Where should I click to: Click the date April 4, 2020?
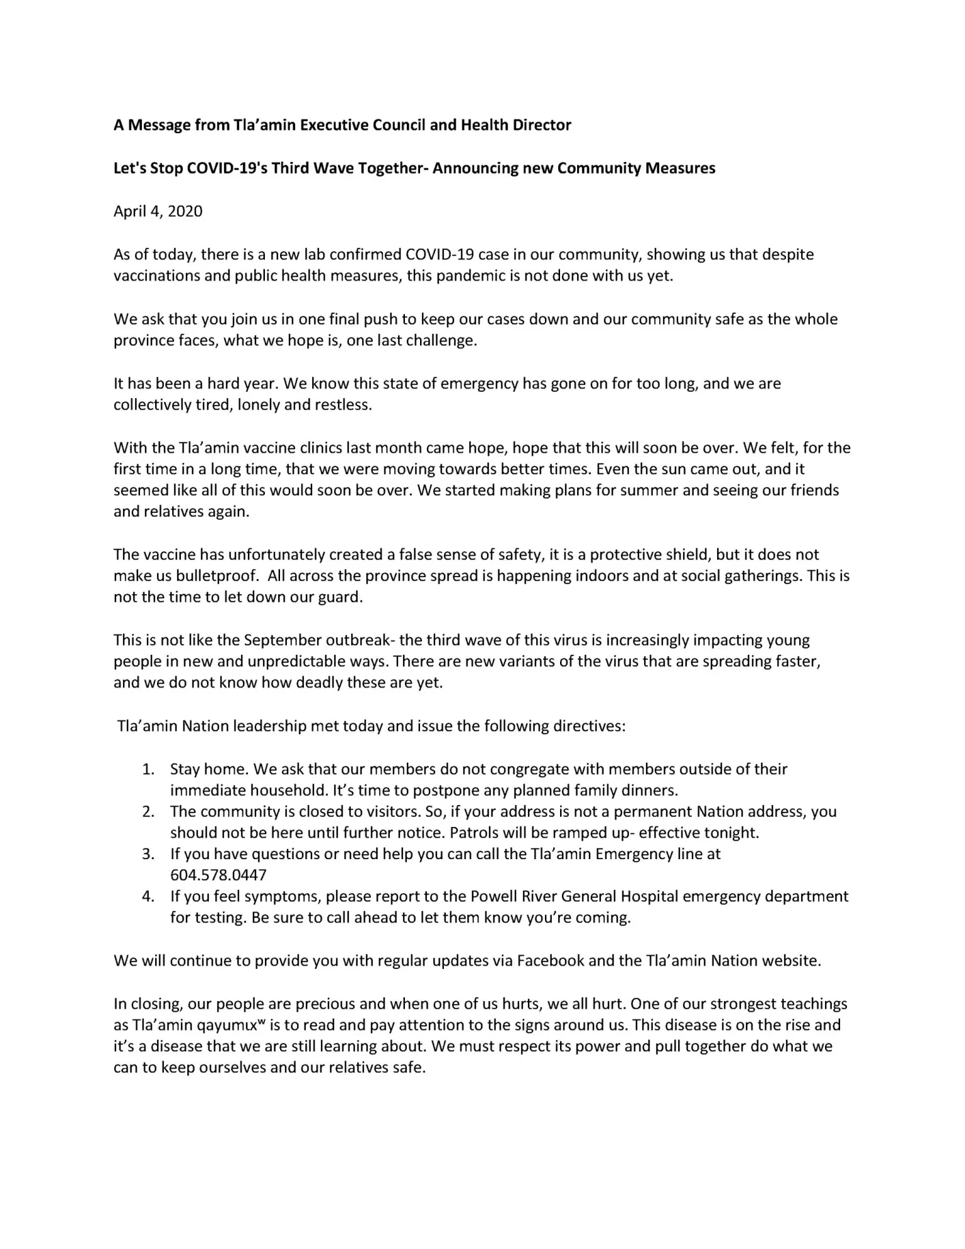coord(158,211)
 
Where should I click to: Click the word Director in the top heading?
coord(542,125)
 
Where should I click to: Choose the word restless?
coord(348,404)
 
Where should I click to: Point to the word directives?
coord(589,726)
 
